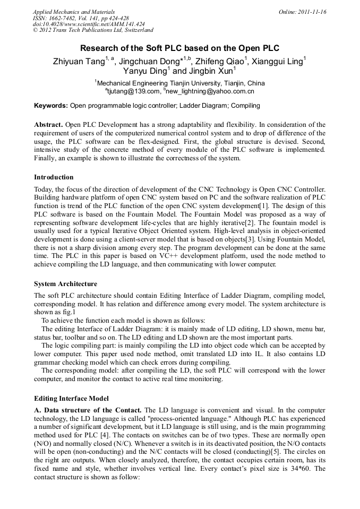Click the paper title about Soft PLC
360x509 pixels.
tap(179, 48)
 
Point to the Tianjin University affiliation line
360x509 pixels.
tap(181, 83)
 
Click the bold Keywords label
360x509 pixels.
tap(51, 106)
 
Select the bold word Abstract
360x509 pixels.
tap(49, 124)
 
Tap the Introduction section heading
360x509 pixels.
tap(54, 177)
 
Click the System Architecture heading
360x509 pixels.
tap(65, 284)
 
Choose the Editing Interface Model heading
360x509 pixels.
tap(71, 398)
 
